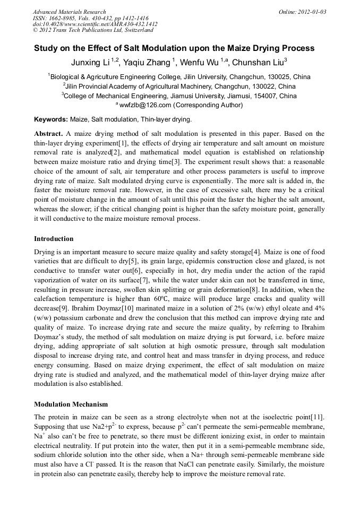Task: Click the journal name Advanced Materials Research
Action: [69, 12]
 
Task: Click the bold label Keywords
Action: [51, 119]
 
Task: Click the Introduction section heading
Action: [54, 239]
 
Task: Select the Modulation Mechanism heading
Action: [71, 404]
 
